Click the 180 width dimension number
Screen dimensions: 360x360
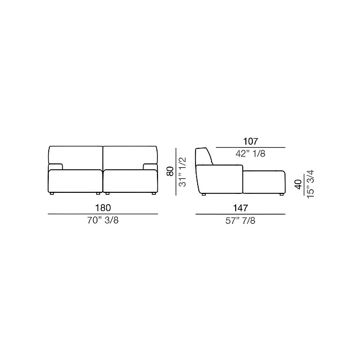[103, 208]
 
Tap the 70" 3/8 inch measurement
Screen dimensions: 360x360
[103, 220]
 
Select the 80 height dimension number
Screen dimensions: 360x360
[170, 171]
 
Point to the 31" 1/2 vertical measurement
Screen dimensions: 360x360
[183, 172]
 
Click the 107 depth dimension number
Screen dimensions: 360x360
[251, 141]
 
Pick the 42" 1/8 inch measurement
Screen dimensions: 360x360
[251, 154]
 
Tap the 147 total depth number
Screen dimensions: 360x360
[241, 208]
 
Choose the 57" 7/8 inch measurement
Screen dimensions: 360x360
[241, 221]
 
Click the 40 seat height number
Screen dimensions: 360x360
[298, 184]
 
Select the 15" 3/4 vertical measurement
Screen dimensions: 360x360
[310, 184]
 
